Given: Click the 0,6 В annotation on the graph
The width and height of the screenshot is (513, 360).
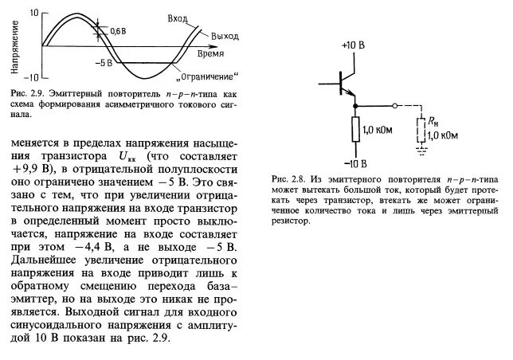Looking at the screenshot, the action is (x=119, y=31).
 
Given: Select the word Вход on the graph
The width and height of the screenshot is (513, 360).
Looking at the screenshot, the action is (x=180, y=18).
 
